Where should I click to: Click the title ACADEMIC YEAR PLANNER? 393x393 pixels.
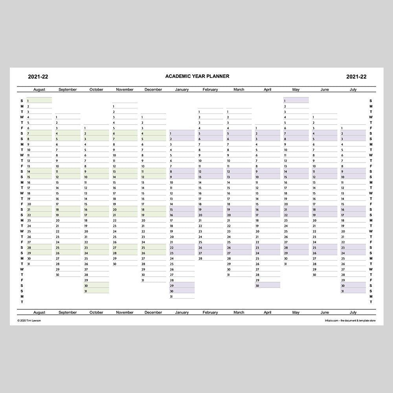click(197, 76)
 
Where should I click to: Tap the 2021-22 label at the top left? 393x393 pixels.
click(38, 77)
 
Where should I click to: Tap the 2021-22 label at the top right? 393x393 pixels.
click(356, 77)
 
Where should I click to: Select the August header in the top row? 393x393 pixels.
click(39, 90)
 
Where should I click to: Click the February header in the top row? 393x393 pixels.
click(210, 90)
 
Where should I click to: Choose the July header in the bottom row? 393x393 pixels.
click(353, 312)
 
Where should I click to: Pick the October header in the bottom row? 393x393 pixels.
click(96, 312)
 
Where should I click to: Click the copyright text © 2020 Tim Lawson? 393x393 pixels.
click(29, 321)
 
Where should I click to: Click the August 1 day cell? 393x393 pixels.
click(39, 101)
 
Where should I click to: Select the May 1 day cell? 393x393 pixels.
click(296, 101)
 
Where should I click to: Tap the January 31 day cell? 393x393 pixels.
click(182, 296)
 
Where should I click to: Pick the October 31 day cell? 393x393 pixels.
click(96, 291)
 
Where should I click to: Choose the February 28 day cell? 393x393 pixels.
click(210, 258)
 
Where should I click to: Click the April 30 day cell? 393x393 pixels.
click(267, 285)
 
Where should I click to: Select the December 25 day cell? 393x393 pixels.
click(153, 248)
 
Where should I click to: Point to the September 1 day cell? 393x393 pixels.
click(68, 117)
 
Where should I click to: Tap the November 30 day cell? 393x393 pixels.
click(125, 264)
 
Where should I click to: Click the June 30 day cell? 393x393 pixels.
click(324, 275)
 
